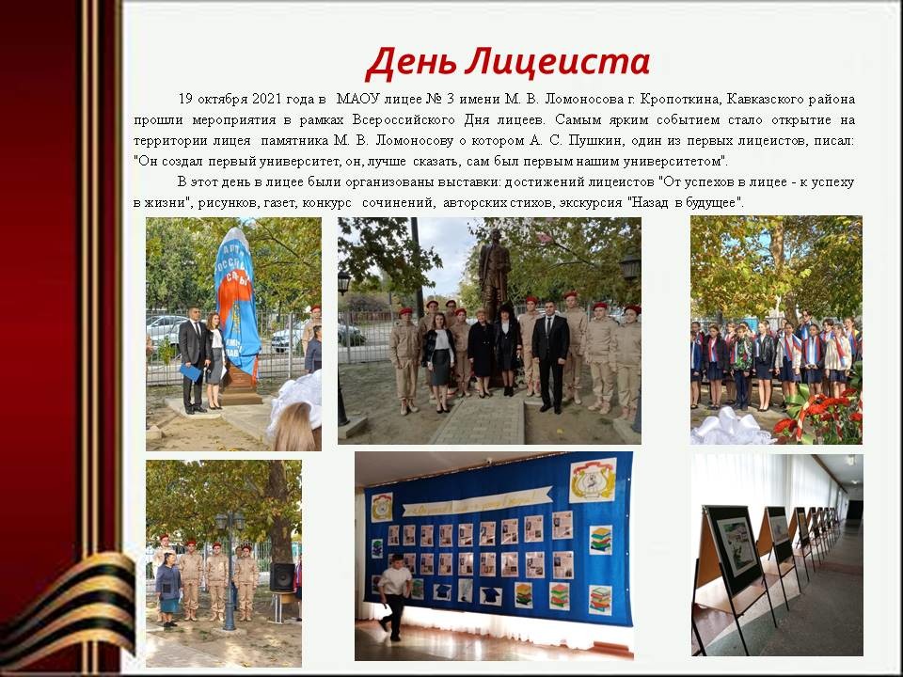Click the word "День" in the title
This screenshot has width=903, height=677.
pyautogui.click(x=410, y=62)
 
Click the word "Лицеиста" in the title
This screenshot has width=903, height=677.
pyautogui.click(x=558, y=62)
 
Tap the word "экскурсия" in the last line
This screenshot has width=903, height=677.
pyautogui.click(x=591, y=203)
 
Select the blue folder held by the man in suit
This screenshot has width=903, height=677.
pyautogui.click(x=191, y=373)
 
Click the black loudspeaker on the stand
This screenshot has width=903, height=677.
pyautogui.click(x=282, y=576)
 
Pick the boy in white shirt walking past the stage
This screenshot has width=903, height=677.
pyautogui.click(x=394, y=597)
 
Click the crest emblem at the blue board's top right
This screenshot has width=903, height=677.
pyautogui.click(x=593, y=480)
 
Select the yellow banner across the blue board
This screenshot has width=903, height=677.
pyautogui.click(x=476, y=502)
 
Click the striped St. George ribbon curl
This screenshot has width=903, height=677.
pyautogui.click(x=69, y=610)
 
